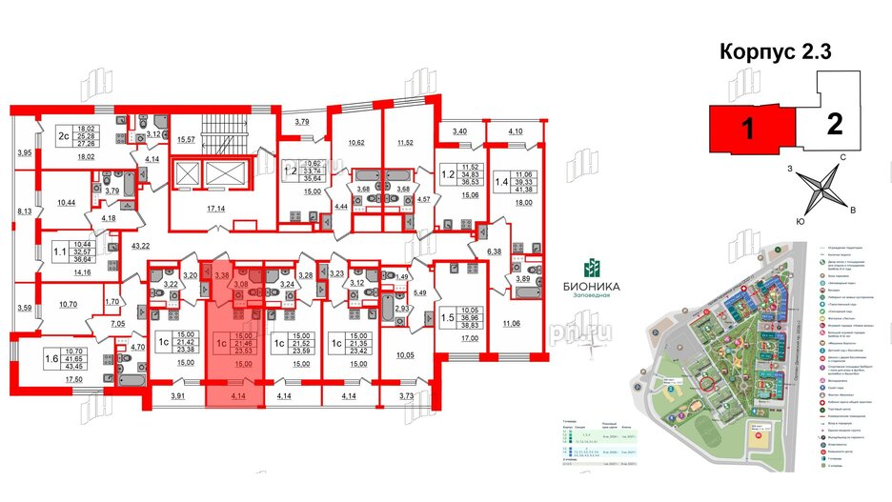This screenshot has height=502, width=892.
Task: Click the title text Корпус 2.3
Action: point(774,52)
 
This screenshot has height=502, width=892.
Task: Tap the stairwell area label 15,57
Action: point(186,141)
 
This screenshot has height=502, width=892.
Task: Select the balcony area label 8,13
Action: point(25,213)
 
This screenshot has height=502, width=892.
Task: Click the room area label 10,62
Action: point(355,144)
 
